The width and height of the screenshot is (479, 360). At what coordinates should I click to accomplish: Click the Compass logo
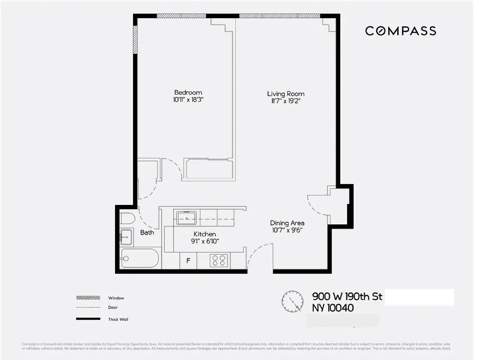pos(400,31)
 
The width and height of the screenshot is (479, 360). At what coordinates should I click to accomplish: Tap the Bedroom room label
pos(188,93)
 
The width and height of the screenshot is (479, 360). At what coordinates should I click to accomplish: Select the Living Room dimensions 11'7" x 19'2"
pos(286,101)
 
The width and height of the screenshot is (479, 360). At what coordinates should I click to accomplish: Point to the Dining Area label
pos(287,223)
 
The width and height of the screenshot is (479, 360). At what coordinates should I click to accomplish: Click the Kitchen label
pos(204,234)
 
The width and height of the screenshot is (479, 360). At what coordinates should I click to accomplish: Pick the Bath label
pos(147,233)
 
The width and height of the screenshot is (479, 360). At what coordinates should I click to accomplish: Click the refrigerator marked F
pos(188,261)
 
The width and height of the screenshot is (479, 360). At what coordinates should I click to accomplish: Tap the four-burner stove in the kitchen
pos(219,260)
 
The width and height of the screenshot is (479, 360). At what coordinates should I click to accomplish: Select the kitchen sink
pos(187,218)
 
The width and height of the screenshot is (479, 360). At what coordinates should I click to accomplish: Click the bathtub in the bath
pos(140,258)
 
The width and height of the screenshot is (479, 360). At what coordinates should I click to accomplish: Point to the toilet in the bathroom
pos(127,218)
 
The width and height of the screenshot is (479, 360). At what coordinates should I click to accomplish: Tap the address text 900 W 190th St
pos(347,296)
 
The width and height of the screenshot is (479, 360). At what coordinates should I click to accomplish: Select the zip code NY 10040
pos(333,308)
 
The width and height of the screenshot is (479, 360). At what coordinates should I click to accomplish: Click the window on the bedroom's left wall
pos(135,40)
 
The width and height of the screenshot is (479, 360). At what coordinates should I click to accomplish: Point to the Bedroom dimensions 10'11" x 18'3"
pos(188,100)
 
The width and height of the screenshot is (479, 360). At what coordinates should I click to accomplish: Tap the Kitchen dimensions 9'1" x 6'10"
pos(204,241)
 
